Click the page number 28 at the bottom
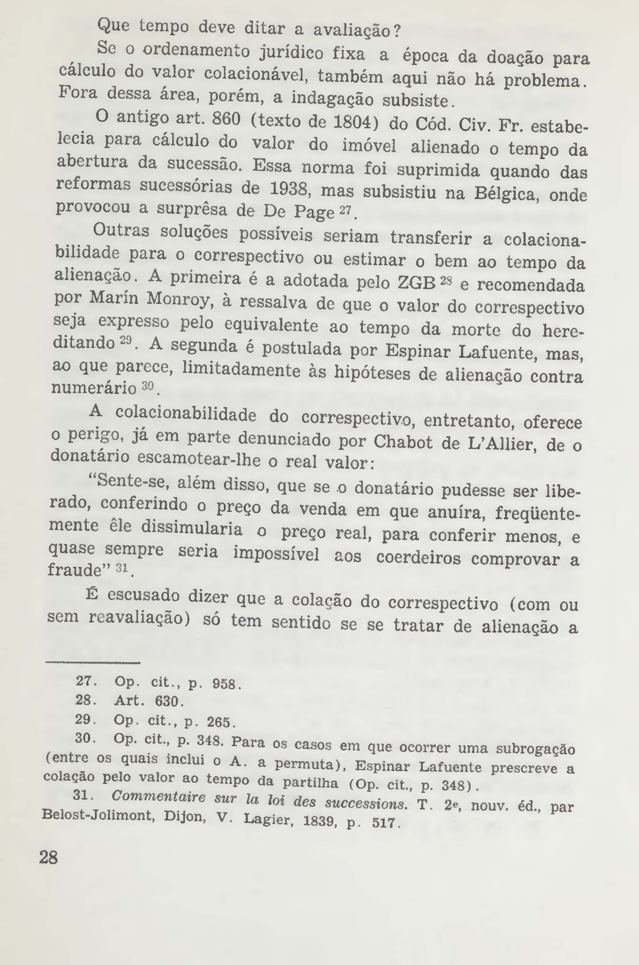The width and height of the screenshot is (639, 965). [48, 857]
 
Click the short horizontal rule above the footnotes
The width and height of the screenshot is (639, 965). [93, 663]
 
